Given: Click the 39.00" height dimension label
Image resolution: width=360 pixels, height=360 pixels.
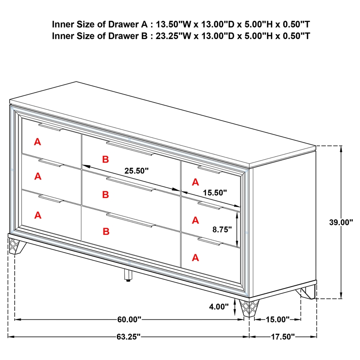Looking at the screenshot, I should (341, 222).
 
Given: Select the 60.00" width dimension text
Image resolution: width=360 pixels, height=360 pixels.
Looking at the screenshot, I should (129, 319).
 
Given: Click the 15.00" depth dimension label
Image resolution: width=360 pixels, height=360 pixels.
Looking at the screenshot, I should (278, 319).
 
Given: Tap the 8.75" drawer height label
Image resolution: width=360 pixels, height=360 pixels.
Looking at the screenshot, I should (222, 229).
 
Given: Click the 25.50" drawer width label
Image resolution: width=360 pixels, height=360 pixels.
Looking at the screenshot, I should (136, 171).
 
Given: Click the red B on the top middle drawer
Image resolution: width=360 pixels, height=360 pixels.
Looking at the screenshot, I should (105, 159).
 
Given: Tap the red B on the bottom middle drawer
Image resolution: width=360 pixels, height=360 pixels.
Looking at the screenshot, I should (106, 231).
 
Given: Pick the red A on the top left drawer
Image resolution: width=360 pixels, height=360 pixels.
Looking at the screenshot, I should (38, 142).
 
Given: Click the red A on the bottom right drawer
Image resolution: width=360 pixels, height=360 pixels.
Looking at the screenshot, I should (195, 257).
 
